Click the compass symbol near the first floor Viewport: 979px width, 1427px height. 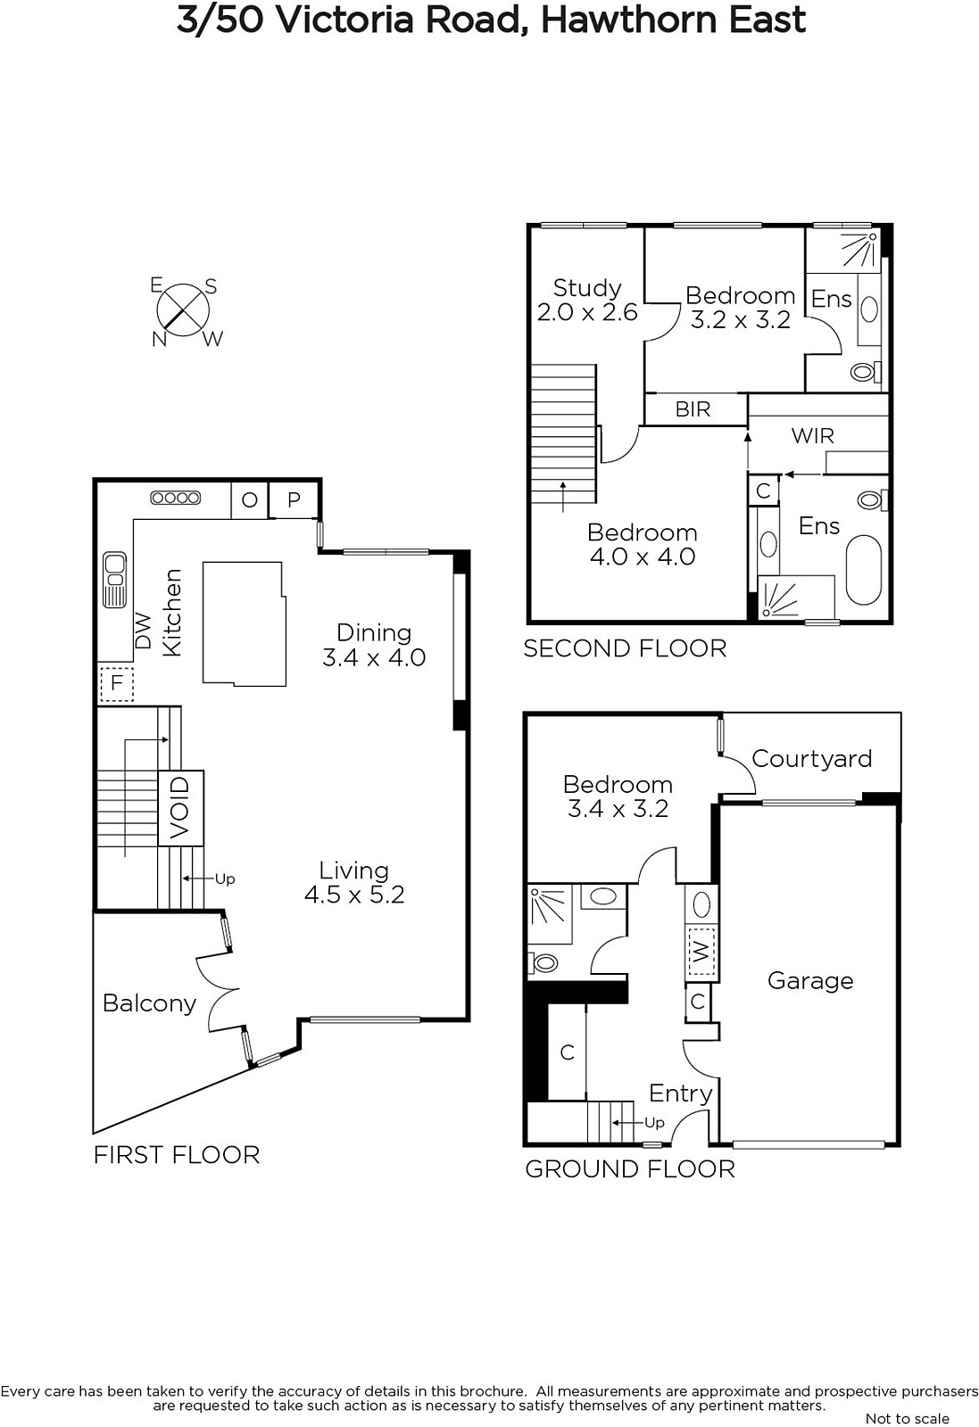tap(184, 310)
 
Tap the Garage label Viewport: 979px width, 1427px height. tap(810, 980)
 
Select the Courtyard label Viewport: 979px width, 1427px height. tap(811, 758)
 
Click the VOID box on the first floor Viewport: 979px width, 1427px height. tap(181, 808)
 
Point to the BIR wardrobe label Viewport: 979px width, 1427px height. tap(693, 409)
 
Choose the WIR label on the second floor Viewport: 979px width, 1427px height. tap(813, 436)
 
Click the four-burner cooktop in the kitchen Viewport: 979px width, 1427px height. tap(175, 499)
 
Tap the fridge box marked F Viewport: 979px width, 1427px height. tap(117, 683)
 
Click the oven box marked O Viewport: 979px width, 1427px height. tap(249, 500)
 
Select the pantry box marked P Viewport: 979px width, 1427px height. tap(294, 500)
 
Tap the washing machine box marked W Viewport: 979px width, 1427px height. tap(701, 953)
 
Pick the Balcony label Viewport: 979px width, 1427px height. tap(150, 1003)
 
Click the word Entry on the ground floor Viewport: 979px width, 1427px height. tap(681, 1093)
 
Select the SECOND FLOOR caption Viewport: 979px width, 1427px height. tap(625, 648)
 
